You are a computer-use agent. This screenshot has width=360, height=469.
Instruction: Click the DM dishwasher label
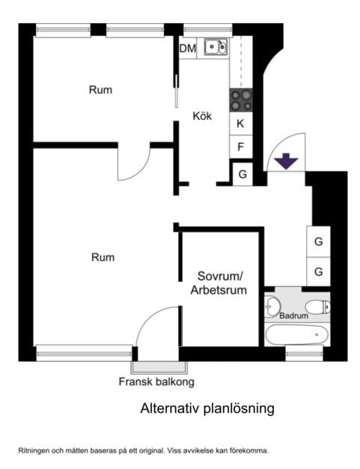188,48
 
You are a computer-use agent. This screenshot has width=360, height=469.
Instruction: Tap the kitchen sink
216,46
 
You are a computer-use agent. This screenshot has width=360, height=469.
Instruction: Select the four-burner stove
241,100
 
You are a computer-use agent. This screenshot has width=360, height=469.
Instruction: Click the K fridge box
241,123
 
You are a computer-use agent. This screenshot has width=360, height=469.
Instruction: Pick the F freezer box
241,147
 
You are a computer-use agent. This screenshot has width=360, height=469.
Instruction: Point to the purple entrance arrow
286,161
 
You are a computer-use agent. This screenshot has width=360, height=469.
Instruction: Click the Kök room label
202,116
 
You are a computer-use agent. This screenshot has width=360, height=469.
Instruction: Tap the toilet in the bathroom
318,307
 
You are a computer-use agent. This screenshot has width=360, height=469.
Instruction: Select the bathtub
297,335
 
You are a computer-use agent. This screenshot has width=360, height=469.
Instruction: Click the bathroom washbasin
272,306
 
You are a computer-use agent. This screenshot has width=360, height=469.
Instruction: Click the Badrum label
293,315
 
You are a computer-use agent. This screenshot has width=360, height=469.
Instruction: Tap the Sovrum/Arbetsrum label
219,283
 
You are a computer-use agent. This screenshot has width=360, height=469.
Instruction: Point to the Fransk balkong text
156,381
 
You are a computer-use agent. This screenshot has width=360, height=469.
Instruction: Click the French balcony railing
159,368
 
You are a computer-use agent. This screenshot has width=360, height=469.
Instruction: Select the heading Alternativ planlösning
207,408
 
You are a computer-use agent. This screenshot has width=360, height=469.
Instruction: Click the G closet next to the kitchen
242,174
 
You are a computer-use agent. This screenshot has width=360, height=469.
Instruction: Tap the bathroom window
304,354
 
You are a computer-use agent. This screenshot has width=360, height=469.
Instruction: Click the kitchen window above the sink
207,30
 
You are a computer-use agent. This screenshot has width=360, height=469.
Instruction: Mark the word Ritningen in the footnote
33,451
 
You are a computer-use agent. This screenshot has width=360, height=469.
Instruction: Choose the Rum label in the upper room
101,90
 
